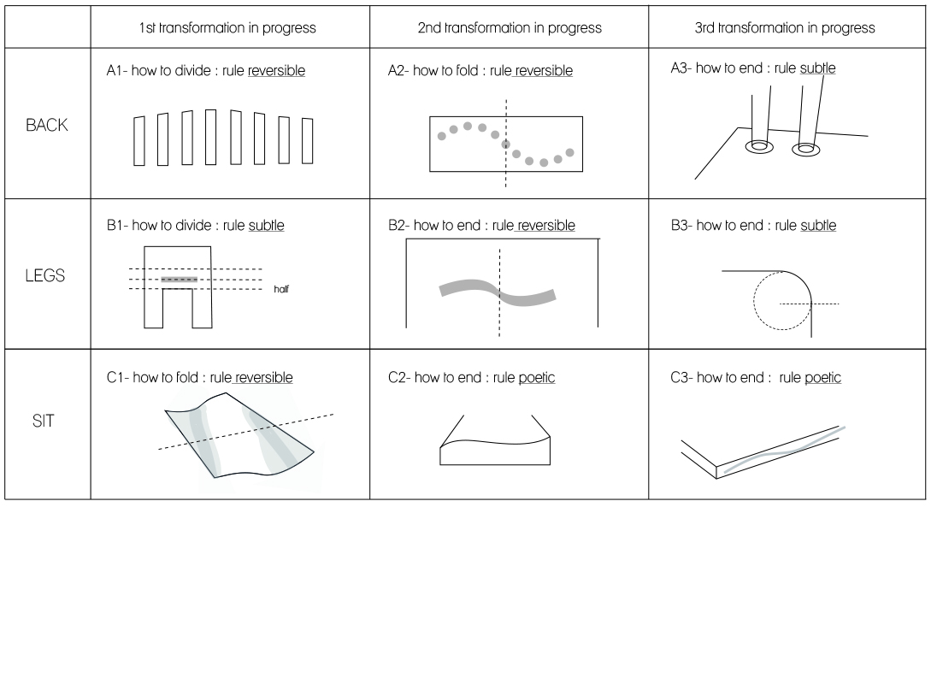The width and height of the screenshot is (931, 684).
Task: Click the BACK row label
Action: click(x=47, y=126)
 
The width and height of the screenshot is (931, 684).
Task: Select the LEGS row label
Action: click(x=45, y=275)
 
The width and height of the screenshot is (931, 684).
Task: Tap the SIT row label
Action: click(x=44, y=421)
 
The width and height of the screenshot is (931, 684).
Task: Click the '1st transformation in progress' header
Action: click(x=227, y=28)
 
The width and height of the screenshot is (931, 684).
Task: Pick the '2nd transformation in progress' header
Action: click(x=510, y=28)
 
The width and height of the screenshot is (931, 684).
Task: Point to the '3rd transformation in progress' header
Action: click(x=785, y=28)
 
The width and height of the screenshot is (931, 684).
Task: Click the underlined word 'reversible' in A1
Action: click(x=277, y=71)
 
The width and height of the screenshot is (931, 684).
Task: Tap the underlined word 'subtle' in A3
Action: click(x=817, y=68)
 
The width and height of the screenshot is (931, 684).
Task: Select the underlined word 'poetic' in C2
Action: click(x=537, y=378)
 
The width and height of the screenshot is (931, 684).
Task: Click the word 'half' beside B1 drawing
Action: click(x=281, y=289)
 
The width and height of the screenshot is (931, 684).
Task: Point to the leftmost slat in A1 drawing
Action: click(x=139, y=141)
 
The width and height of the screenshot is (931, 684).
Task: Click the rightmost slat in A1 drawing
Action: click(x=308, y=141)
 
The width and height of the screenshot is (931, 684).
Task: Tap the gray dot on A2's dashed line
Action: click(x=506, y=144)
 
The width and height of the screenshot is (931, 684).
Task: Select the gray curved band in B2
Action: click(x=498, y=292)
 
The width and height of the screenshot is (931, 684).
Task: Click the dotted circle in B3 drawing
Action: click(x=754, y=300)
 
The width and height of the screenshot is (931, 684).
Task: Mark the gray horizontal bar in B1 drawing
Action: click(x=180, y=280)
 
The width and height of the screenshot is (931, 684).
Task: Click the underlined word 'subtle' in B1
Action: click(x=266, y=226)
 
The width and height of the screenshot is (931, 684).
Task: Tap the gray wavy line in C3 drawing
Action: click(x=784, y=451)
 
